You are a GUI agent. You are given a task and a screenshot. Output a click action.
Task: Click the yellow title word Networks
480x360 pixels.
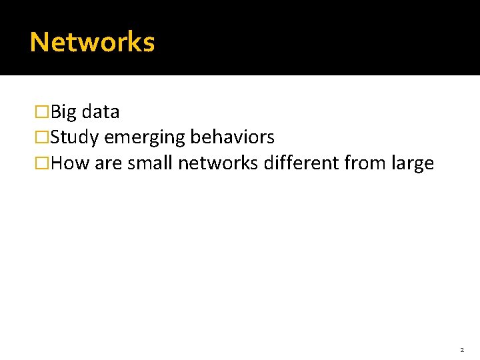92,42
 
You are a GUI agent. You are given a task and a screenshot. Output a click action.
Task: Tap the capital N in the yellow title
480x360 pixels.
39,42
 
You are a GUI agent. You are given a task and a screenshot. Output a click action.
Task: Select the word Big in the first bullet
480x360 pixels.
63,112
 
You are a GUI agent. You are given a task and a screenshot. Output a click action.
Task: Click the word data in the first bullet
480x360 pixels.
100,112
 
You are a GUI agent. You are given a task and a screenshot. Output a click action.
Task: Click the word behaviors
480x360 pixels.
232,137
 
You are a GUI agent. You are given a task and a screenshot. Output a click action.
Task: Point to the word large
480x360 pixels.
413,164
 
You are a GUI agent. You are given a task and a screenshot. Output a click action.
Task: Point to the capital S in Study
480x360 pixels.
55,138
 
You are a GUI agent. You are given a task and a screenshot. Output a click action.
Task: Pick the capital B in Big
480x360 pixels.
55,112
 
